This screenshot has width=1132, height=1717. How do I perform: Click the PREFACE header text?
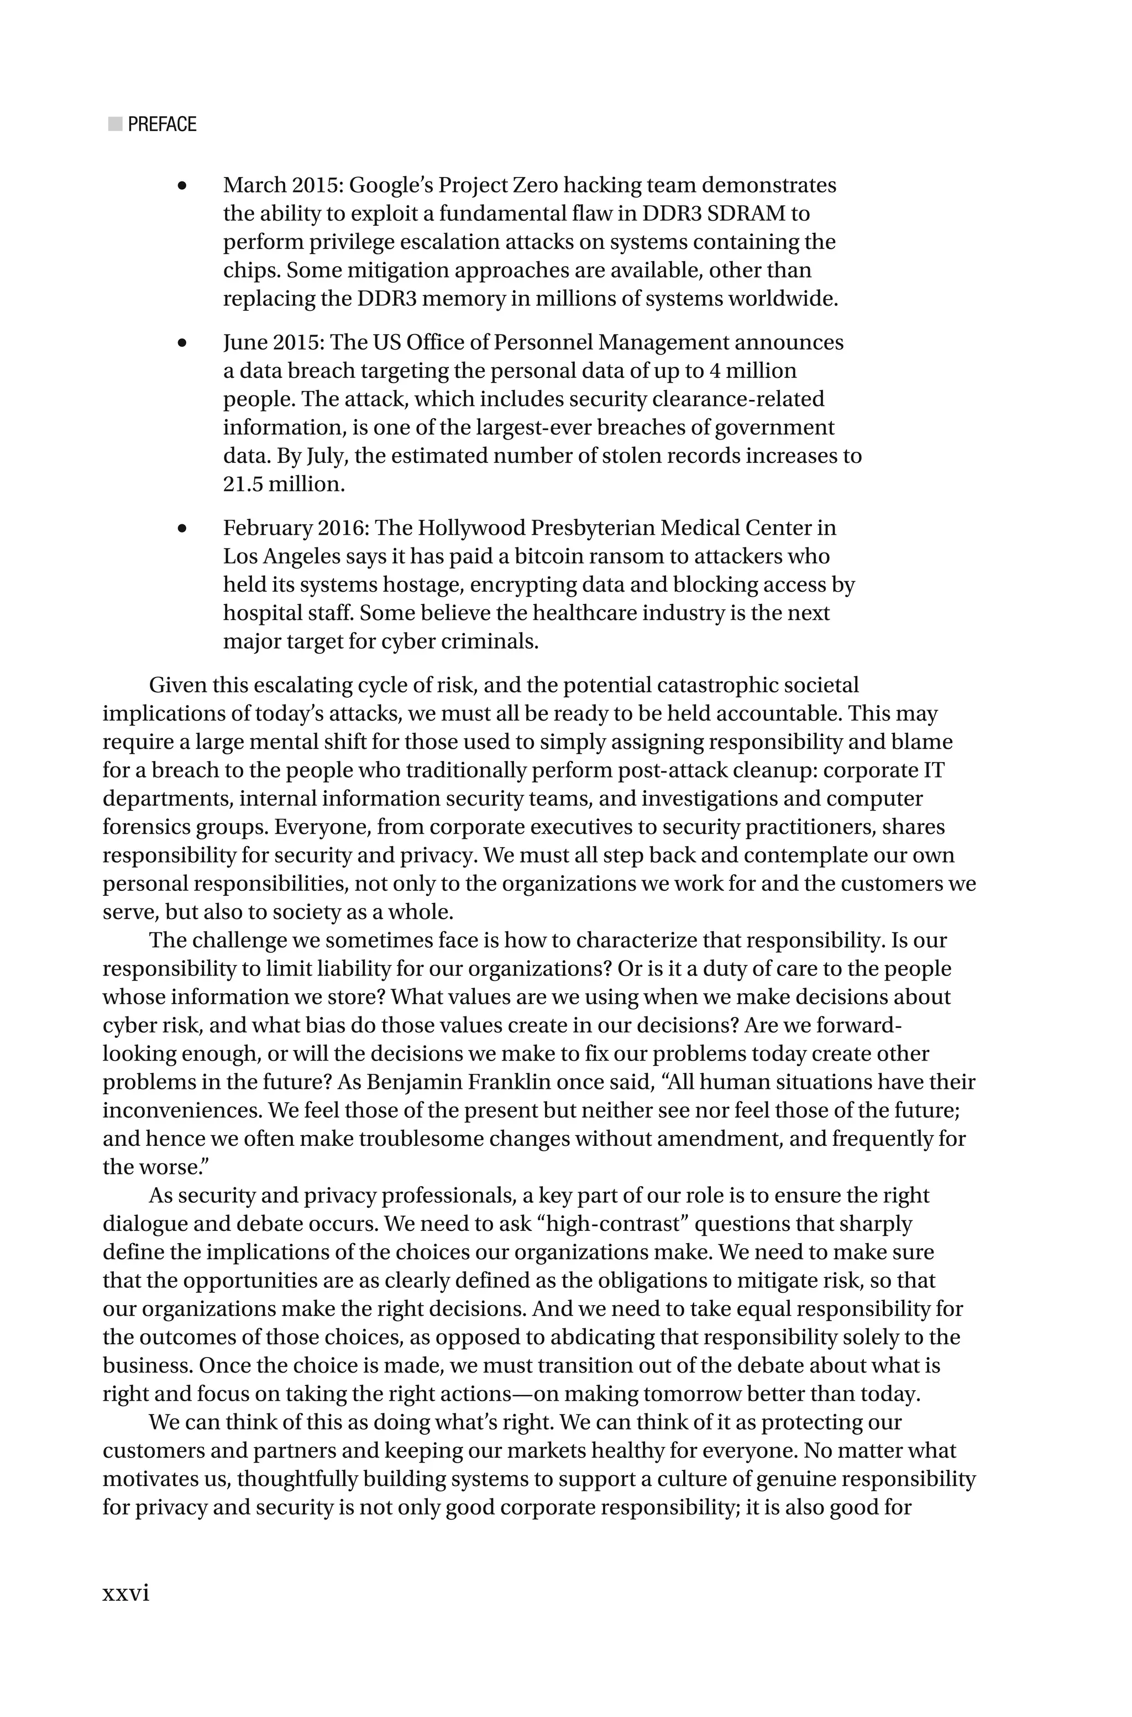coord(162,124)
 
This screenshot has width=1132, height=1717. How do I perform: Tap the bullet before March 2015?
coord(182,186)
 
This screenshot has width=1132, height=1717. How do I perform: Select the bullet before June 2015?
coord(182,343)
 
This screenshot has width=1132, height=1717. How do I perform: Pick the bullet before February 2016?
coord(182,529)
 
